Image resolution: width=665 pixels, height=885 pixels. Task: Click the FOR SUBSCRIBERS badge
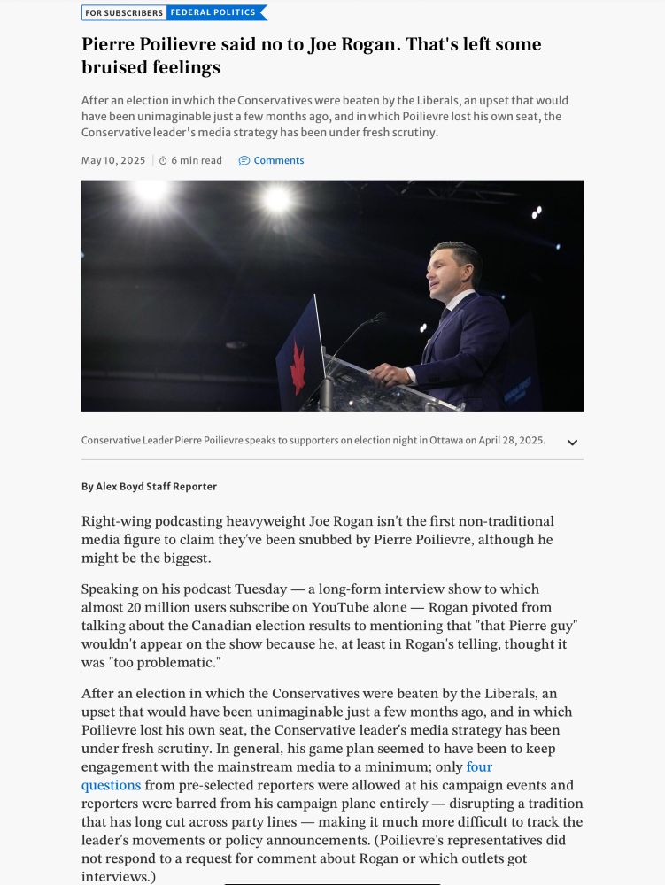[x=124, y=13]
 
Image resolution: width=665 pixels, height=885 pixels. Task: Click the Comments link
[x=278, y=161]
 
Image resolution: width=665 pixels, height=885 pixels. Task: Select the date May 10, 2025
[x=113, y=161]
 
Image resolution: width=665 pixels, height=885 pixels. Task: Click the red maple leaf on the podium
[x=298, y=366]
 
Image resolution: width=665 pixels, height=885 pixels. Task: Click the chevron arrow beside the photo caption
[x=572, y=442]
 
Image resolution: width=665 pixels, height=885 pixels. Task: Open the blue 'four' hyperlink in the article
[x=479, y=767]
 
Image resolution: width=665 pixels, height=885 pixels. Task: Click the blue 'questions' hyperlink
[x=111, y=785]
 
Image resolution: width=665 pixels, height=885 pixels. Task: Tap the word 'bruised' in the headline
[x=116, y=67]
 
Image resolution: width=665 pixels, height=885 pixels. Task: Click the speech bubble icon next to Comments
[x=244, y=161]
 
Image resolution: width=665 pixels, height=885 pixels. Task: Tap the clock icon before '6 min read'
[x=163, y=161]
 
